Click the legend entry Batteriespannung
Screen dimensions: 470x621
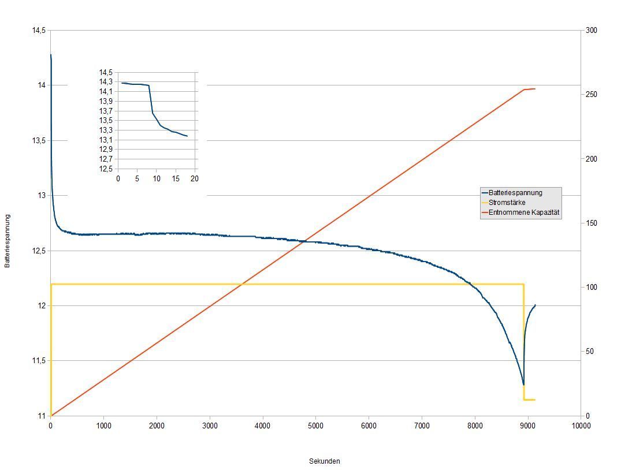515,193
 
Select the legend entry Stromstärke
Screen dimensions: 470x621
507,203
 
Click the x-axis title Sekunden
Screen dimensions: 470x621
325,461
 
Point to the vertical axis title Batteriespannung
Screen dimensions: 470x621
8,241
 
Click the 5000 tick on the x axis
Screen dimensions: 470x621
315,426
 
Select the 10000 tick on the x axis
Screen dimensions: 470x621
581,426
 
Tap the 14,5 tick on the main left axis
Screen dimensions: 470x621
39,31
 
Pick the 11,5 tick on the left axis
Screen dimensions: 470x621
39,361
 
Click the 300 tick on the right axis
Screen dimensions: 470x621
591,31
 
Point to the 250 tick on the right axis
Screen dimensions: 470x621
591,95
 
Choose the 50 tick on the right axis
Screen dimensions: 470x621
589,352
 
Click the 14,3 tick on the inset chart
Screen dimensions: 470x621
106,82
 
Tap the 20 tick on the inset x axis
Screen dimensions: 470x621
195,179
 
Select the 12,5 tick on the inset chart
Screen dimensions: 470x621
106,169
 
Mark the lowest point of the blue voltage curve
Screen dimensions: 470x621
523,385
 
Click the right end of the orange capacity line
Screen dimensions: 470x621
535,89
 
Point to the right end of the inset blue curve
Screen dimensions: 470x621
187,136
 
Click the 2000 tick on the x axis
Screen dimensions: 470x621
157,426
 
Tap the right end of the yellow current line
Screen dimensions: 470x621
535,400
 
